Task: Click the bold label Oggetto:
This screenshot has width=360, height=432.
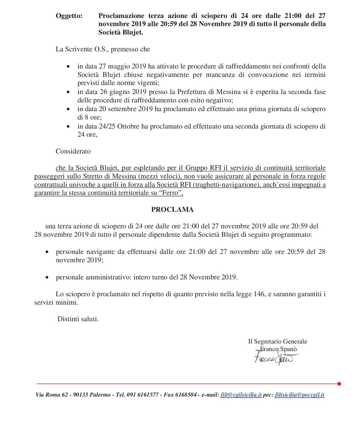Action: click(x=69, y=16)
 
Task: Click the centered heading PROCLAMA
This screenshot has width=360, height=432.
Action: click(x=172, y=210)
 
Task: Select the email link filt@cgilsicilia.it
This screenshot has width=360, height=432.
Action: click(x=241, y=395)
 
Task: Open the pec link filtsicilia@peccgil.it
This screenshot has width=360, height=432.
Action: click(x=299, y=395)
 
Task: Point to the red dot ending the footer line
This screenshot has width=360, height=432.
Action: click(x=339, y=384)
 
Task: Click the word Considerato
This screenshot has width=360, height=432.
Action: click(x=73, y=151)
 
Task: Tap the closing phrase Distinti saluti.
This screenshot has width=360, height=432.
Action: click(x=78, y=319)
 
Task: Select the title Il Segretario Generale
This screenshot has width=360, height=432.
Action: click(x=278, y=341)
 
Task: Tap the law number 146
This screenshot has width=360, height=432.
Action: click(x=259, y=294)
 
